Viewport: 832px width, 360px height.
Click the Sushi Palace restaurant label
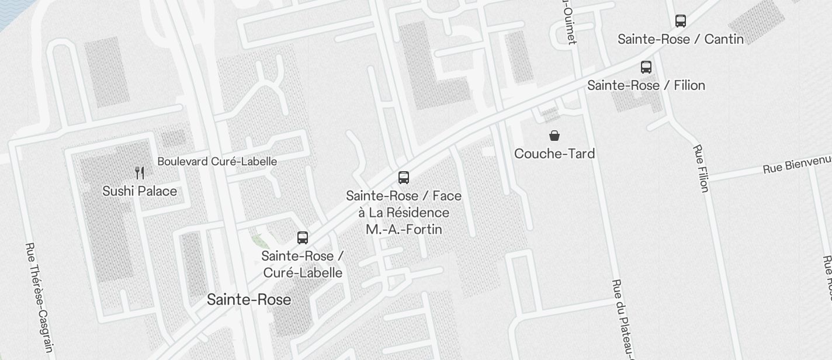tap(140, 191)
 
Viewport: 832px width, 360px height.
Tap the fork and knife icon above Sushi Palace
tap(140, 172)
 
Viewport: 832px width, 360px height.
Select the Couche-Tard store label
tap(554, 154)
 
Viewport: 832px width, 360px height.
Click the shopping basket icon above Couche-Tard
tap(554, 136)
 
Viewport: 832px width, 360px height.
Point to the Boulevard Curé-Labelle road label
tap(217, 161)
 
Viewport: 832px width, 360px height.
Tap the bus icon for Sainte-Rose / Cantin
tap(681, 21)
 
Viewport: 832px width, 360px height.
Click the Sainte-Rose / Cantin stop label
tap(681, 39)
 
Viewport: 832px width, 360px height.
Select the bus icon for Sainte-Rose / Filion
tap(646, 67)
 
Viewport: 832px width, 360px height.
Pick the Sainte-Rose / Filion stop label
tap(646, 85)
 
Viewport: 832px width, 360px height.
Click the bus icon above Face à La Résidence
tap(404, 178)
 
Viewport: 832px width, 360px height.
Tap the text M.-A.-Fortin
tap(404, 230)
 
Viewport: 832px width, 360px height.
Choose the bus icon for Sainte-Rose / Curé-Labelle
tap(303, 238)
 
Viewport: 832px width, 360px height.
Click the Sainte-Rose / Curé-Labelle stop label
tap(303, 264)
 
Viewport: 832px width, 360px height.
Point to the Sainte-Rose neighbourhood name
tap(249, 300)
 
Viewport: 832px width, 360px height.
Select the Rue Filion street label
tap(701, 168)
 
